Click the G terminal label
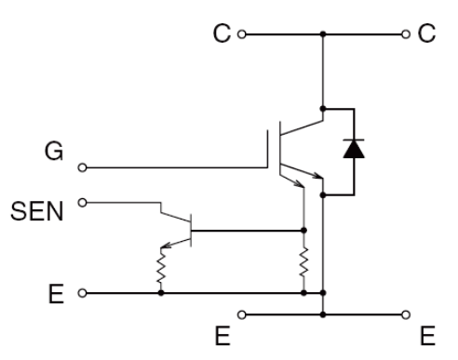pos(54,151)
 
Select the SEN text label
pos(37,211)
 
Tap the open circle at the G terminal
pos(82,167)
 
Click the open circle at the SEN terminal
pos(82,203)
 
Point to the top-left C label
pos(222,33)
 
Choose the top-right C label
pos(426,33)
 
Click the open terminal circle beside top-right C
pos(406,34)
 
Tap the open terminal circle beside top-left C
pos(242,34)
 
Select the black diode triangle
pos(354,149)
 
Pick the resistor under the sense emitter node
pos(303,261)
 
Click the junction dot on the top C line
pos(323,33)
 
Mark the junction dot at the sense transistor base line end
pos(303,230)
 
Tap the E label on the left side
pos(56,293)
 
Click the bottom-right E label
pos(427,336)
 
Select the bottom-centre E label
pos(222,336)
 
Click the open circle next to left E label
pos(82,293)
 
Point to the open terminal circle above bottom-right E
pos(406,315)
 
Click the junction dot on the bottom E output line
pos(323,314)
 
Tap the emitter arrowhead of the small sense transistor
pos(166,246)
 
